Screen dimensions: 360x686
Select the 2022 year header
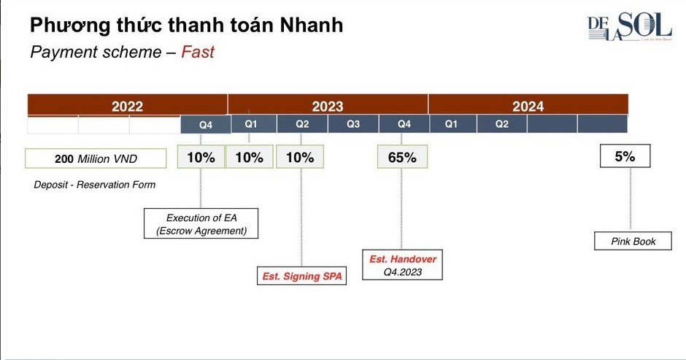[x=127, y=107]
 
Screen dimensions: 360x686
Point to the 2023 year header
[x=328, y=107]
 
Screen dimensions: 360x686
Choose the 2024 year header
[x=528, y=107]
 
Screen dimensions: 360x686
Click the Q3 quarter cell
[x=353, y=124]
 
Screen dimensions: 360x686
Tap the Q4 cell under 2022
[x=206, y=125]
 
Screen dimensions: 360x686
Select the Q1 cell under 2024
[x=452, y=124]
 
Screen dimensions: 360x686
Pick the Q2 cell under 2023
[x=302, y=124]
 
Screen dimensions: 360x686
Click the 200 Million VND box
[x=96, y=158]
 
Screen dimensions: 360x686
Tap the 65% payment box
[x=402, y=157]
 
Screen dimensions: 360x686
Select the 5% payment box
[x=624, y=156]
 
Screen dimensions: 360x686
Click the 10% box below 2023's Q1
[x=250, y=157]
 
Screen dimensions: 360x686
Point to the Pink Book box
[x=633, y=241]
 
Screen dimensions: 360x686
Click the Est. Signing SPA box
[x=301, y=277]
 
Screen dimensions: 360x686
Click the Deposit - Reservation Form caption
[x=95, y=185]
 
